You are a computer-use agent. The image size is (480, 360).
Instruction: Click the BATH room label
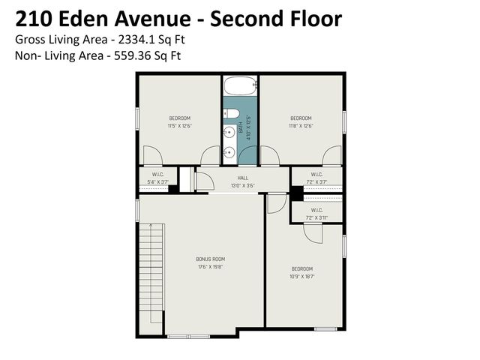(241, 130)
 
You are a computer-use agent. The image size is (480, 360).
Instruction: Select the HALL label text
(242, 178)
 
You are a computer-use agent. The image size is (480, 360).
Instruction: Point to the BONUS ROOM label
(211, 259)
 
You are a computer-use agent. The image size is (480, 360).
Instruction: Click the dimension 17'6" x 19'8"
(211, 266)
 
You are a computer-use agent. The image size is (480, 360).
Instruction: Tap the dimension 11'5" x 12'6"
(179, 126)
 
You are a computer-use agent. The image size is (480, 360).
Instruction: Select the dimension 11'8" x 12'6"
(301, 126)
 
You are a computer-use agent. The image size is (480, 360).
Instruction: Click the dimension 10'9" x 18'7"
(302, 277)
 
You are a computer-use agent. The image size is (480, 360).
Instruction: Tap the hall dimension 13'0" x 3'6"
(242, 185)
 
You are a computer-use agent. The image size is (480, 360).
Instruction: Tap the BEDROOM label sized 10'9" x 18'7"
(302, 268)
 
